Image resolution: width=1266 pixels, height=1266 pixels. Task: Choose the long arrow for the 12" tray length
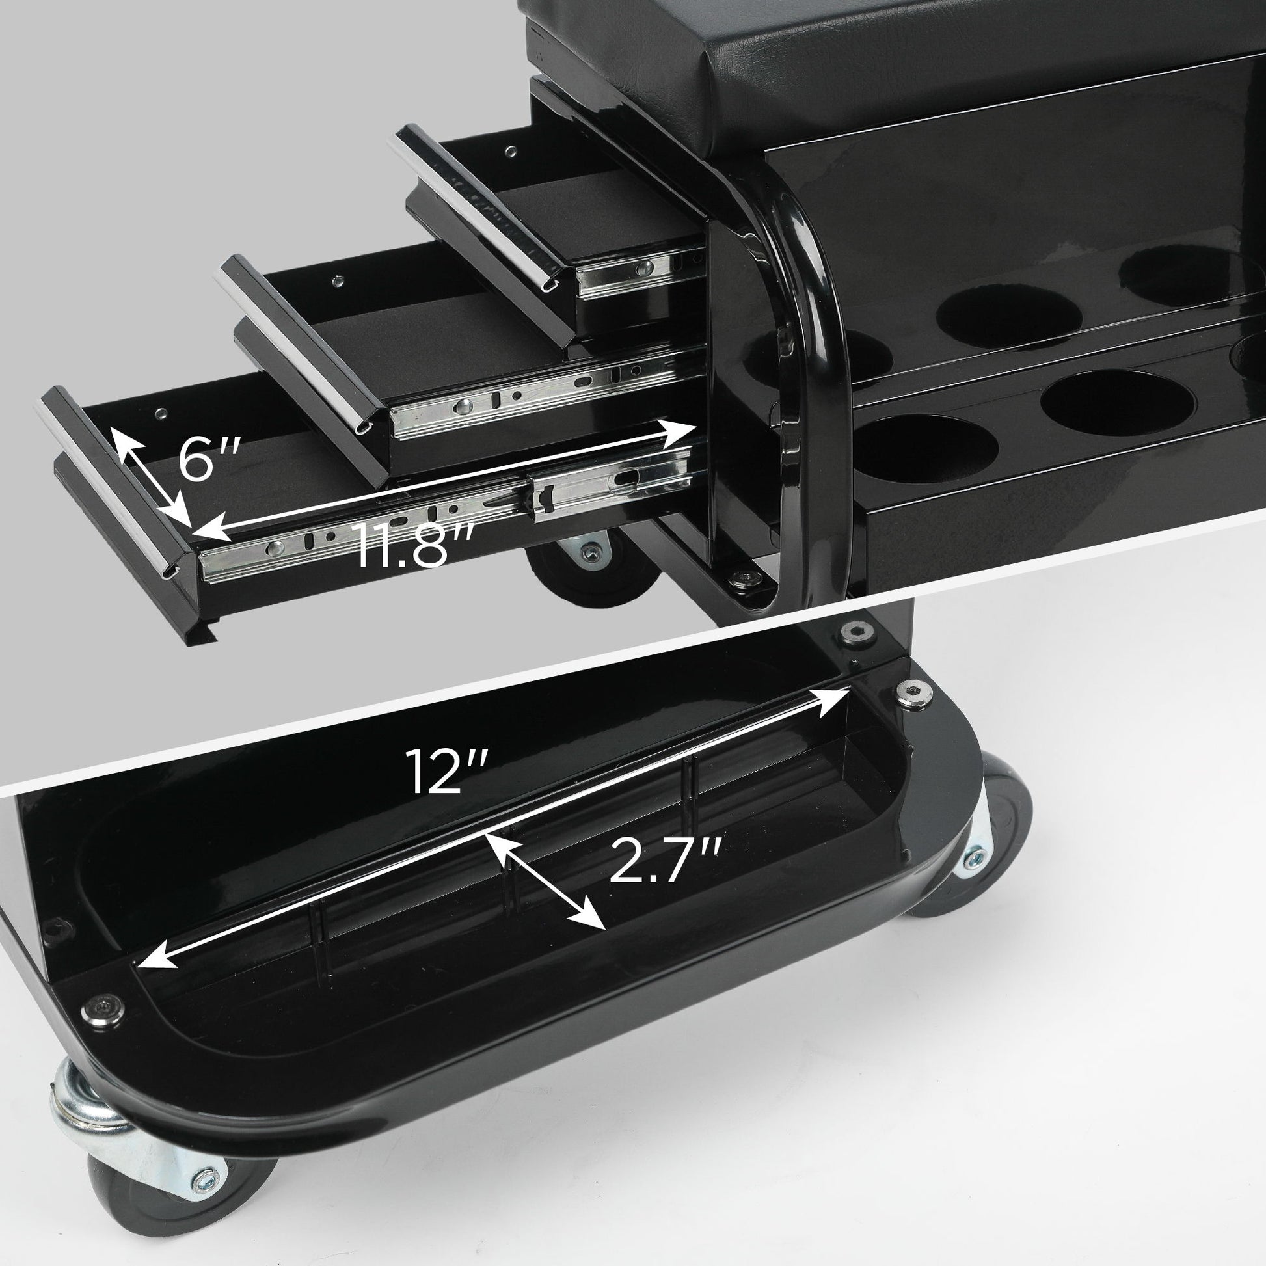point(491,832)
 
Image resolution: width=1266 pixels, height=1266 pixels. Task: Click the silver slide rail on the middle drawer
point(524,400)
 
